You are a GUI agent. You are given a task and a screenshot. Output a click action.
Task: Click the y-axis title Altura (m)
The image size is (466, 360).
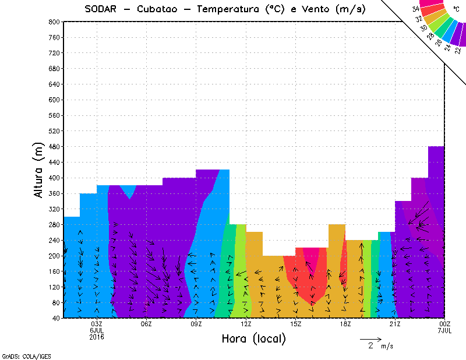point(39,169)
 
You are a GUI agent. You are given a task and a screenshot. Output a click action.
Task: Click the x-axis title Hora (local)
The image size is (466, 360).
point(253,338)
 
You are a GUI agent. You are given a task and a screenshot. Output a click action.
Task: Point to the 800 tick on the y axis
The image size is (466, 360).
point(54,22)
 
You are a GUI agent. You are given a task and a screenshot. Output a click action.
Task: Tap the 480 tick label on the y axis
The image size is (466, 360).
point(54,146)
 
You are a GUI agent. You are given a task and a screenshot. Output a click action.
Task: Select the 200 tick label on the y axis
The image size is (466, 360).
point(54,256)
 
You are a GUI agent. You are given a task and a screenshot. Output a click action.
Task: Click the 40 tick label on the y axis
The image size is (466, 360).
point(55,318)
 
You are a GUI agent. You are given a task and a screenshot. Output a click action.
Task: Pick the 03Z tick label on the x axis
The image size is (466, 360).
point(97,324)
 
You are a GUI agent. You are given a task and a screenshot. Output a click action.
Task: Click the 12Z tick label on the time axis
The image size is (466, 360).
point(246,324)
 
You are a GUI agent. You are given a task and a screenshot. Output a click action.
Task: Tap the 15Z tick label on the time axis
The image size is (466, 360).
point(295,324)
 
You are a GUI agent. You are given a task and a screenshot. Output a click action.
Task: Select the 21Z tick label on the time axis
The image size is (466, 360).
point(395,324)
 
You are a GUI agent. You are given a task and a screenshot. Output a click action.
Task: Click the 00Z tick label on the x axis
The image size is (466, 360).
point(445,324)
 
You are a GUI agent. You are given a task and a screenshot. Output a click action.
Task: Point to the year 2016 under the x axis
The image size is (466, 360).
point(97,337)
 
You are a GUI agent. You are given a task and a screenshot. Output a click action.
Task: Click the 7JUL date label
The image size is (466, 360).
point(445,330)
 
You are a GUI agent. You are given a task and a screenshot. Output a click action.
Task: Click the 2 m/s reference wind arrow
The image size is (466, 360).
point(370,338)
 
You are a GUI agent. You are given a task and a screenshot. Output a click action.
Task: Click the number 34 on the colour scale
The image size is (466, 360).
point(416,9)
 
